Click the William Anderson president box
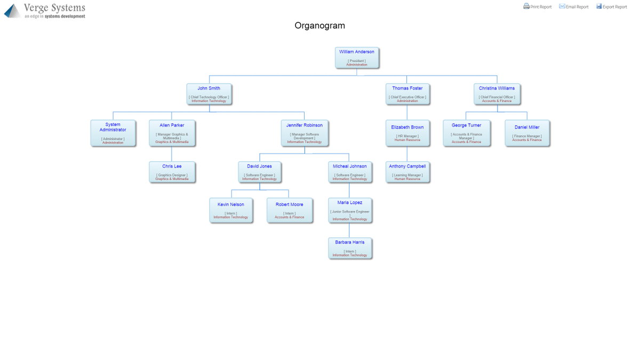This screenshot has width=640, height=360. pyautogui.click(x=357, y=58)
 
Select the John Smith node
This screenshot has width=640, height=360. pyautogui.click(x=209, y=94)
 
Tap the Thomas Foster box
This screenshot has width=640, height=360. pyautogui.click(x=407, y=94)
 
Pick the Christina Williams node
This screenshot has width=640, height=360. pyautogui.click(x=497, y=94)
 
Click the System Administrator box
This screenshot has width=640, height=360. pyautogui.click(x=113, y=133)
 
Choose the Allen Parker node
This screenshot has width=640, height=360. pyautogui.click(x=172, y=133)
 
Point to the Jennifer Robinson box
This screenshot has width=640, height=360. pyautogui.click(x=305, y=133)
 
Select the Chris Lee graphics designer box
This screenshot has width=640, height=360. pyautogui.click(x=172, y=172)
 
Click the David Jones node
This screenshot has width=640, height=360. pyautogui.click(x=259, y=172)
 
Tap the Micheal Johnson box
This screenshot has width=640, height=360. pyautogui.click(x=350, y=172)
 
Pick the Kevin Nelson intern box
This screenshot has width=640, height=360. pyautogui.click(x=231, y=210)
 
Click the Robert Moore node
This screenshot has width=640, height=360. pyautogui.click(x=290, y=210)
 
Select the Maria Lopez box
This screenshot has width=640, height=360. pyautogui.click(x=350, y=210)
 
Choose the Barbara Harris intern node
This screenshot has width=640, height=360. pyautogui.click(x=350, y=248)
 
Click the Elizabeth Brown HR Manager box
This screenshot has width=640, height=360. pyautogui.click(x=407, y=133)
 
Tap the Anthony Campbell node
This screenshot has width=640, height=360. pyautogui.click(x=407, y=172)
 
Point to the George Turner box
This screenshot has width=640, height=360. pyautogui.click(x=467, y=133)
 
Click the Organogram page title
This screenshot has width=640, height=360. pyautogui.click(x=319, y=26)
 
